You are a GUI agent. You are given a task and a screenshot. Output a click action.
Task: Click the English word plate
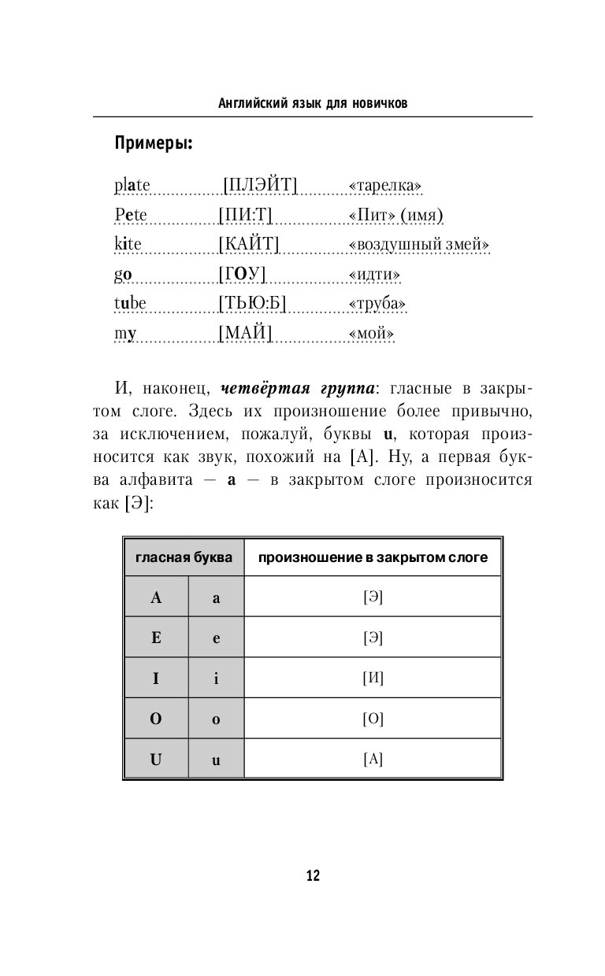132,187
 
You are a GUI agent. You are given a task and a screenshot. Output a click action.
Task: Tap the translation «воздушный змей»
418,245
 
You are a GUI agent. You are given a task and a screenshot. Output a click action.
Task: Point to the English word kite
128,245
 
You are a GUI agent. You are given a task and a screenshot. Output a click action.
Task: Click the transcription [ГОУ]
242,274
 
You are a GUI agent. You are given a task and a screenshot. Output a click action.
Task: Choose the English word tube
130,304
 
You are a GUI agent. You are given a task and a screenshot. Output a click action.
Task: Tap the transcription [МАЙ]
244,334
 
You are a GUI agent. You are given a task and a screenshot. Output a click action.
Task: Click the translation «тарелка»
384,187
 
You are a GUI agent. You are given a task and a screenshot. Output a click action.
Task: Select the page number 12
313,876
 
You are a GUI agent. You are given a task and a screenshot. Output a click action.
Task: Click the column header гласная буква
184,557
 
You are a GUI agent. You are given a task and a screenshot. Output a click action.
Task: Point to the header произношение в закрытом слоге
373,557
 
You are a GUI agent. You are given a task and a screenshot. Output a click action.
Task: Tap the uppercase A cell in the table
156,597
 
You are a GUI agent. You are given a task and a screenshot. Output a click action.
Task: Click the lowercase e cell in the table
216,638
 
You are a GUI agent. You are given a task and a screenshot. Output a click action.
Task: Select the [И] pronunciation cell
373,678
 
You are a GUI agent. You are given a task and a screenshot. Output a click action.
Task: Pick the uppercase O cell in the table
156,719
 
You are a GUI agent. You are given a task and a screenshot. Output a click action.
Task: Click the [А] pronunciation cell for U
373,759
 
